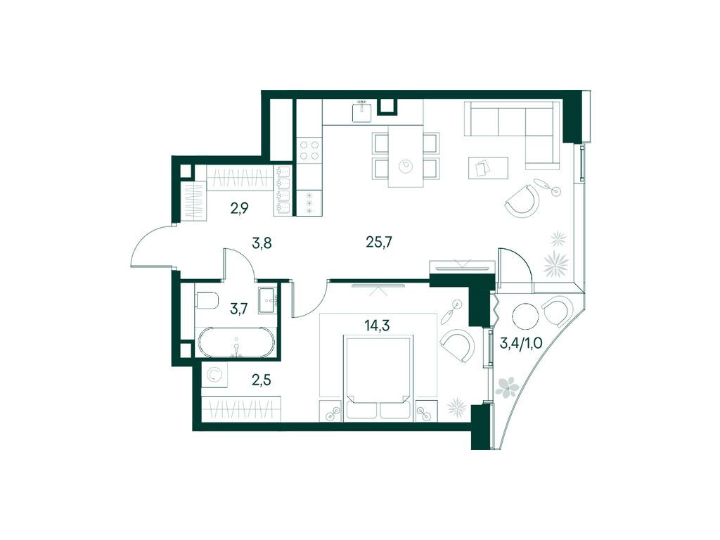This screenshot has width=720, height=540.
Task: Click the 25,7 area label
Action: (x=378, y=243)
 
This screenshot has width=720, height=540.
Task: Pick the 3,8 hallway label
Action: (x=262, y=243)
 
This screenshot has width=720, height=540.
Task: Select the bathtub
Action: (x=236, y=342)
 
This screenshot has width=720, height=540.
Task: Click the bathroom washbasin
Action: (x=267, y=300)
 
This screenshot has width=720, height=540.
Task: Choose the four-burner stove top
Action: (x=309, y=150)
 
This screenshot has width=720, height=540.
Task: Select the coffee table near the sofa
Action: (x=487, y=167)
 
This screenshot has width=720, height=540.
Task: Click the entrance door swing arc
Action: (x=149, y=246)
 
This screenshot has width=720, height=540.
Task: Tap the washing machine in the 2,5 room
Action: (x=214, y=376)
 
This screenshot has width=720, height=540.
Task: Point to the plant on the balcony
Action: (x=508, y=386)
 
